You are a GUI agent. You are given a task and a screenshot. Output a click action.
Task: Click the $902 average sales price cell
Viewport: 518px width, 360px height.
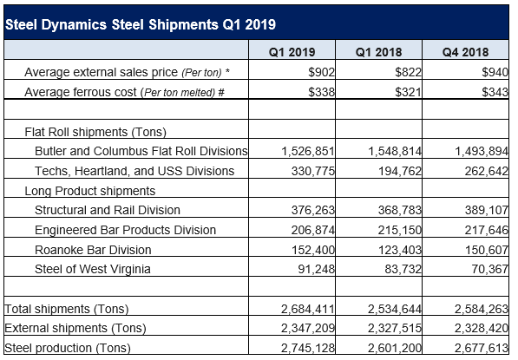pyautogui.click(x=318, y=73)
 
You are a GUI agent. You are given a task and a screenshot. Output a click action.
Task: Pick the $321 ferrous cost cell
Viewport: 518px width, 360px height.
pyautogui.click(x=404, y=90)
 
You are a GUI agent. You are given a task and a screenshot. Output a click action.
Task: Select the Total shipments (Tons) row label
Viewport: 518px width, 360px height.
pyautogui.click(x=62, y=308)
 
